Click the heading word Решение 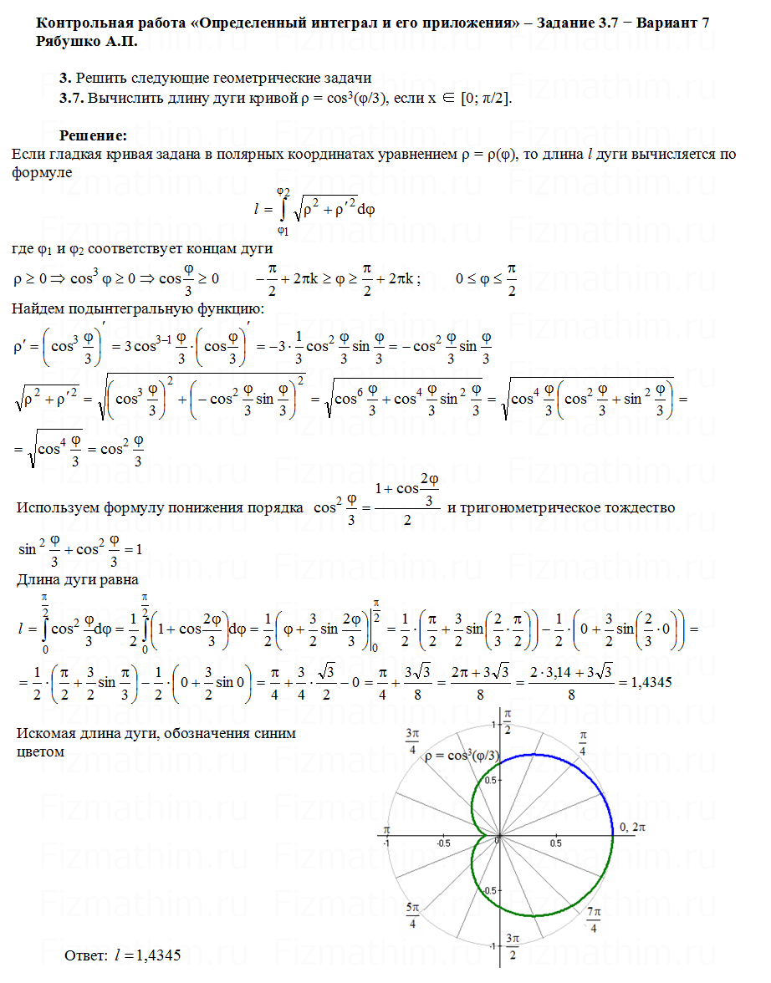(93, 135)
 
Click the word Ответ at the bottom (86, 955)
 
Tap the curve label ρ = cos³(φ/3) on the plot (463, 756)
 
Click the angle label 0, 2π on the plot (631, 827)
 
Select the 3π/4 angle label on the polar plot (412, 741)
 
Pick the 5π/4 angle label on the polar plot (412, 915)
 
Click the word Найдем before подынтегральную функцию (38, 310)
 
